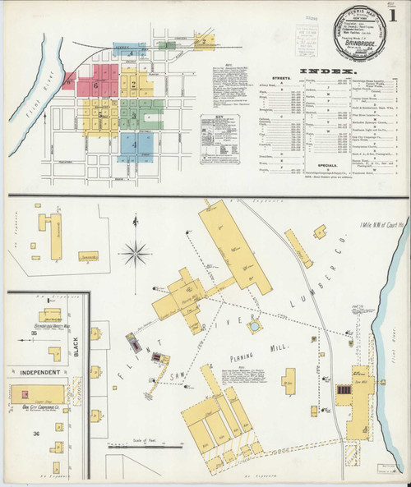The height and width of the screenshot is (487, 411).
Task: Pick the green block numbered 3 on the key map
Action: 132,116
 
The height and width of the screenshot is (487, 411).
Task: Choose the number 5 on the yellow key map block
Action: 101,116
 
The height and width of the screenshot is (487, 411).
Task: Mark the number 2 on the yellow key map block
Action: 132,85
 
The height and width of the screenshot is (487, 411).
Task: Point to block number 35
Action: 35,333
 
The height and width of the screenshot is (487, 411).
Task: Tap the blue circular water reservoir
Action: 256,325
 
